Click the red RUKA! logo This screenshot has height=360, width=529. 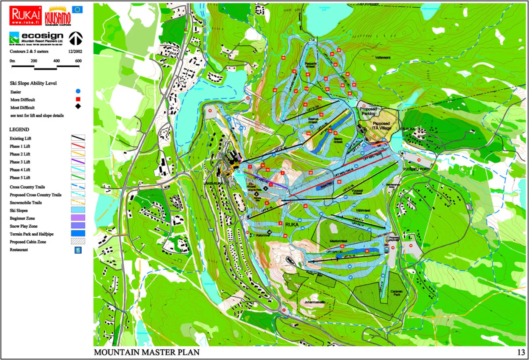[26, 16]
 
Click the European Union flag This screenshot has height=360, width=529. [77, 10]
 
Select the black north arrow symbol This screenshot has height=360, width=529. [76, 38]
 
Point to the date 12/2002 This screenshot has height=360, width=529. [75, 51]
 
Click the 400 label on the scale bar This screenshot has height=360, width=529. [56, 61]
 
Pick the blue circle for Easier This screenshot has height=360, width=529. [78, 91]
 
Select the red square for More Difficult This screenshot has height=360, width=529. [78, 99]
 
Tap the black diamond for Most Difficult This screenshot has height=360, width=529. [78, 106]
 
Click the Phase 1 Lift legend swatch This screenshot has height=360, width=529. [78, 146]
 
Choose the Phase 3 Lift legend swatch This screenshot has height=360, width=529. [78, 161]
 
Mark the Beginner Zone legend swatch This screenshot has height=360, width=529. [78, 218]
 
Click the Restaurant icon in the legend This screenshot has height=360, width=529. [78, 250]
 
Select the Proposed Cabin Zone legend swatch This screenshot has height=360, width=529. [78, 241]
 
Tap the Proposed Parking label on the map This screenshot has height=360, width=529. [368, 111]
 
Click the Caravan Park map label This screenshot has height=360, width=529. [396, 293]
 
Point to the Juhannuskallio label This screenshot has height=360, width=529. [315, 302]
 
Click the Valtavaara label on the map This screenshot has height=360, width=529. [383, 57]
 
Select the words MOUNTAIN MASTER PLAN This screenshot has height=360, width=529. [147, 352]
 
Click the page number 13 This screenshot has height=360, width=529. [521, 352]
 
